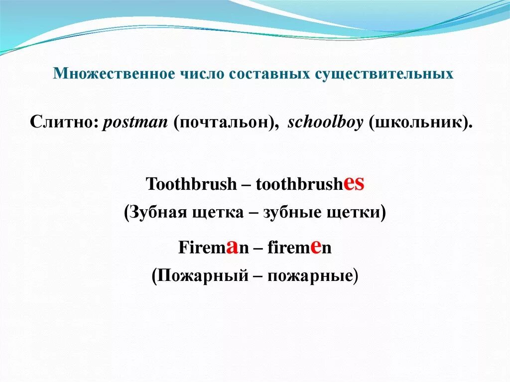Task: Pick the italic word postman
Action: pyautogui.click(x=134, y=123)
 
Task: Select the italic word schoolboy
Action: pyautogui.click(x=326, y=123)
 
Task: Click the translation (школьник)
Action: pyautogui.click(x=421, y=123)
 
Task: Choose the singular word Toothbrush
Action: pyautogui.click(x=191, y=184)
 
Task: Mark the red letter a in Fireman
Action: pyautogui.click(x=231, y=247)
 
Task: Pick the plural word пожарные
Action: pyautogui.click(x=310, y=275)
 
